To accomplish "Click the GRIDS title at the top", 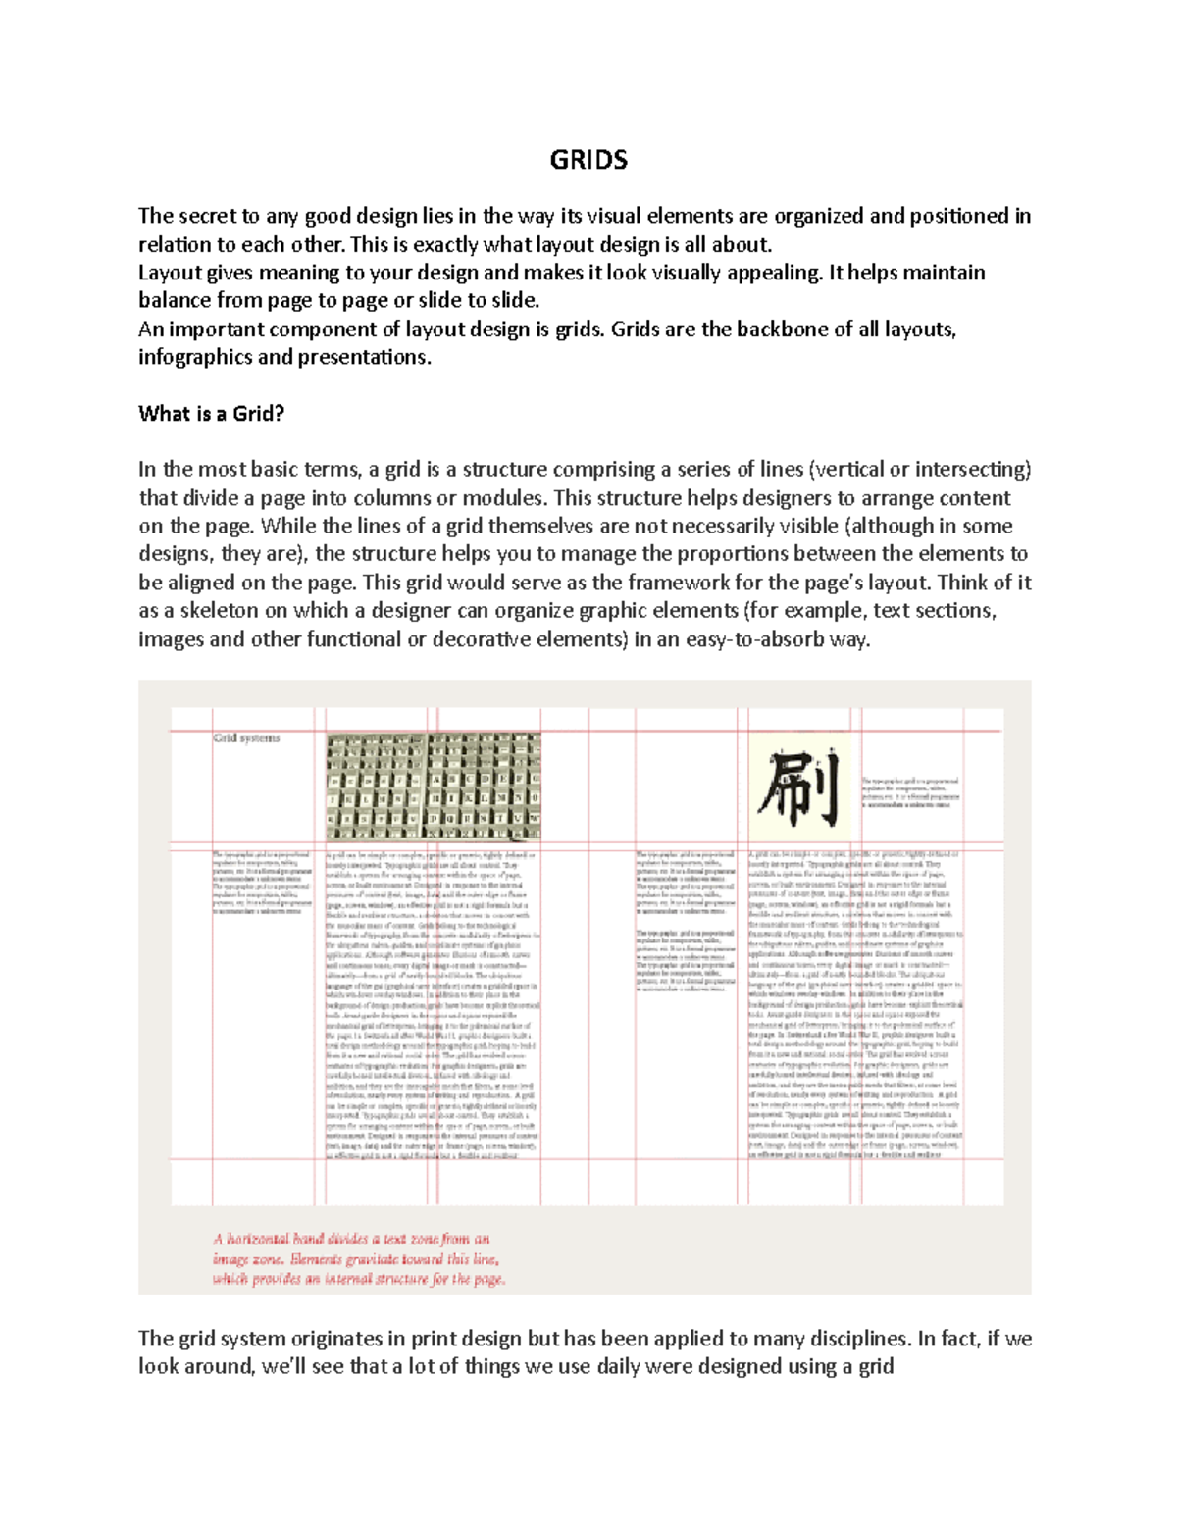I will [588, 160].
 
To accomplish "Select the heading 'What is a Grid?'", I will [211, 414].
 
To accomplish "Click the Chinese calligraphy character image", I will [799, 787].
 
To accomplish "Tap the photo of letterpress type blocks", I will [434, 786].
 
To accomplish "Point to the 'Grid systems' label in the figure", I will [247, 737].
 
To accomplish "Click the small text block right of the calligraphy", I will [909, 792].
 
